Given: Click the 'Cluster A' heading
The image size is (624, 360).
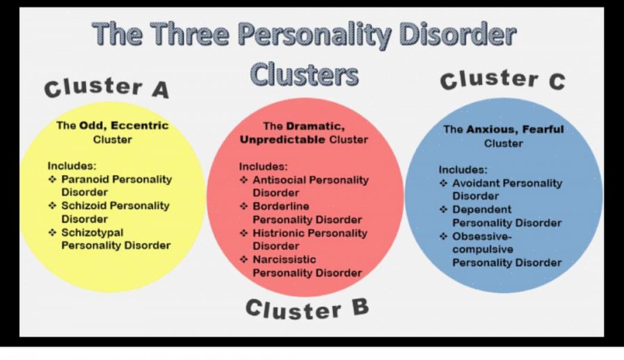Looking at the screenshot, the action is (x=106, y=88).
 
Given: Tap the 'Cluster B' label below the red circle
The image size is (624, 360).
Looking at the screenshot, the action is (x=307, y=309).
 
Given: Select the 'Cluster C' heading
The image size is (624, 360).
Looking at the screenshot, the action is (x=502, y=79).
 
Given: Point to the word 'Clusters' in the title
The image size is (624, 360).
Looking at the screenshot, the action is (x=304, y=74).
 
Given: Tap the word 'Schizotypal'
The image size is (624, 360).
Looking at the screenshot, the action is (x=92, y=233).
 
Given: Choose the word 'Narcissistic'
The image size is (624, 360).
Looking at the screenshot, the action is (x=284, y=260).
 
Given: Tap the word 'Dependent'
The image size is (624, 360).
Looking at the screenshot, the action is (x=482, y=209).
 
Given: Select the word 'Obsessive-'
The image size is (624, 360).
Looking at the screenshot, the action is (x=482, y=236).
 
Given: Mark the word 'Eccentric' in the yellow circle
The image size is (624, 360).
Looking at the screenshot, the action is (x=140, y=125).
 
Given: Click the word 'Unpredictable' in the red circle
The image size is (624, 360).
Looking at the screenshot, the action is (x=283, y=140).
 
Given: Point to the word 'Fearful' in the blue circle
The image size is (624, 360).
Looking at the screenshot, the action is (x=543, y=129).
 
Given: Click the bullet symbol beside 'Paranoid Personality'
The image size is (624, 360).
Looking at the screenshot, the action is (x=53, y=179).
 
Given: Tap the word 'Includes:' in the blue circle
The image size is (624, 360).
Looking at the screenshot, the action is (x=463, y=170).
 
